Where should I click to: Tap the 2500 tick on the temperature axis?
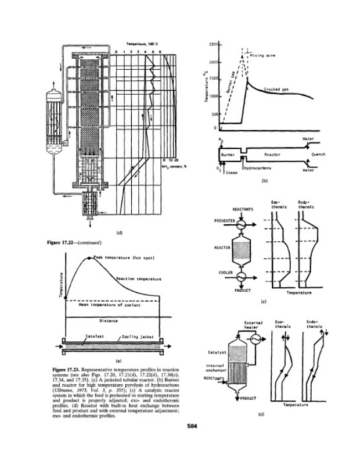[210, 44]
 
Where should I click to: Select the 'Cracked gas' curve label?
[276, 88]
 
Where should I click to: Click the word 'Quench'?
[318, 155]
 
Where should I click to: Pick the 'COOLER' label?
[226, 273]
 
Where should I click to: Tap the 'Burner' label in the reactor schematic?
[228, 155]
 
